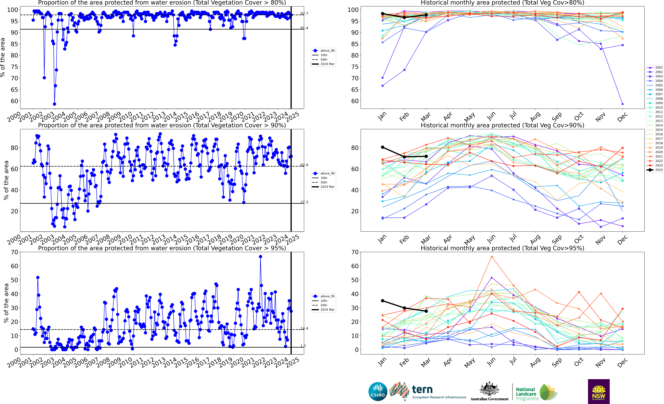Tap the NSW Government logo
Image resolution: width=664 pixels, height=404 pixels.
click(599, 391)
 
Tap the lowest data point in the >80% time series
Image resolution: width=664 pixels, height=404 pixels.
click(54, 104)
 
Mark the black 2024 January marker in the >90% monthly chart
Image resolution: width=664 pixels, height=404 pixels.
click(382, 147)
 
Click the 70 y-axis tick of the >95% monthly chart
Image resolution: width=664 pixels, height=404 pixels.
click(355, 252)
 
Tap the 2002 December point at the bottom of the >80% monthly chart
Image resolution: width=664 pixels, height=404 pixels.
click(622, 104)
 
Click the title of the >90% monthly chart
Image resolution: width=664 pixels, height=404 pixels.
click(502, 125)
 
